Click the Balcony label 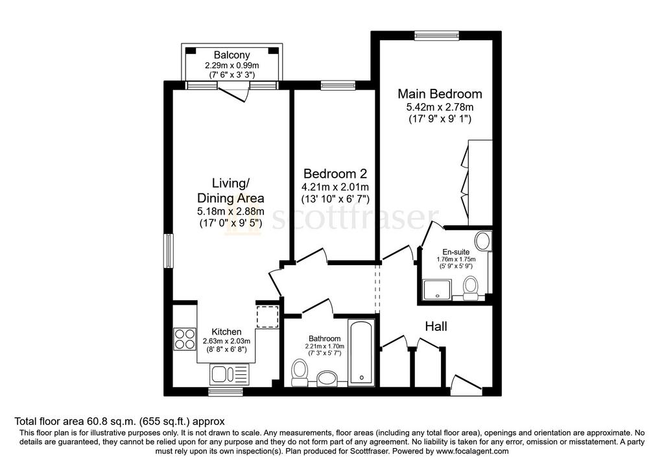coord(231,55)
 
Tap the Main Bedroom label coord(440,93)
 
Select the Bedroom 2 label coord(335,174)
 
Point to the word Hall coord(436,326)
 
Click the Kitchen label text coord(226,332)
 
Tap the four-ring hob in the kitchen coord(185,339)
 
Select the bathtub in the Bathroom coord(361,352)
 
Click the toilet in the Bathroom coord(300,373)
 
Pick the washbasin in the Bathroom coord(327,379)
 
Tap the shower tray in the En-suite coord(436,289)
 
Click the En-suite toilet coord(471,287)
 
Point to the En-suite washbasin coord(482,241)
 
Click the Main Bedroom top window coord(436,35)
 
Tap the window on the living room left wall coord(169,251)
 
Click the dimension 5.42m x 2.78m coord(440,107)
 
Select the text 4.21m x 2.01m coord(335,187)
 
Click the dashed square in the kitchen coord(267,316)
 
